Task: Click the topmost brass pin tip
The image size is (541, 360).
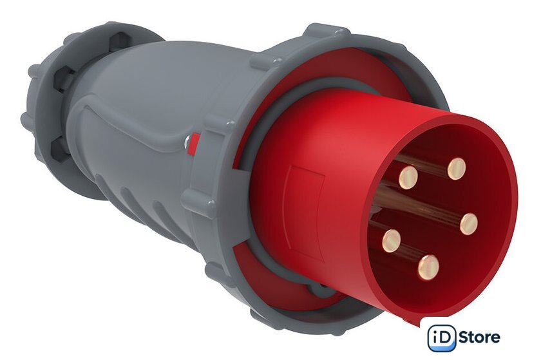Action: (457, 169)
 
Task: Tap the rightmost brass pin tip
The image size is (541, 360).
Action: (469, 224)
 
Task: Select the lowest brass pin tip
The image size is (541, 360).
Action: (428, 267)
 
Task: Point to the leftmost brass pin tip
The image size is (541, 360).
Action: (392, 241)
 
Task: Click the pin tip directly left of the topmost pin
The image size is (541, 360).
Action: (408, 177)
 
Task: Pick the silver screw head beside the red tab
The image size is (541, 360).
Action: (187, 141)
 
